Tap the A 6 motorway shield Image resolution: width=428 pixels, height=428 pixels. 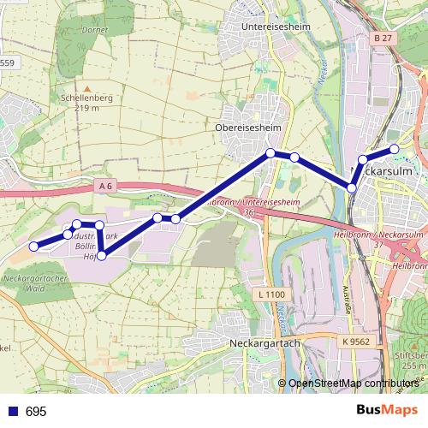pos(106,185)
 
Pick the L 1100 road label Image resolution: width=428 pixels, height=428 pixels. pos(270,294)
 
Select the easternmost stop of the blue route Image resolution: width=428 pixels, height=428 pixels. pos(395,149)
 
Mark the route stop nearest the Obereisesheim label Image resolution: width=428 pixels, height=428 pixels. pos(270,153)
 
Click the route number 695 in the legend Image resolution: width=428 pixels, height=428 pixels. pos(35,411)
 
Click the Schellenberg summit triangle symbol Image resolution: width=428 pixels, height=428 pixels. pos(86,86)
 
